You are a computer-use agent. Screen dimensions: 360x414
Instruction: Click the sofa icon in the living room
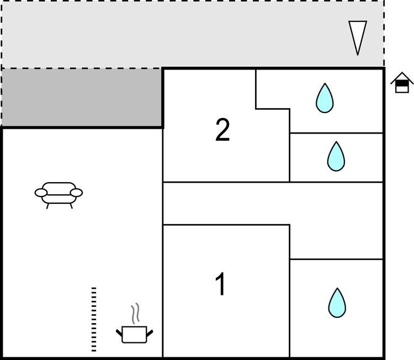pos(59,193)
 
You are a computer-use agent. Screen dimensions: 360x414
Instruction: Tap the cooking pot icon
pos(134,333)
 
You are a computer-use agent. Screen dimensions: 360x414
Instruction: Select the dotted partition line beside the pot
pos(94,319)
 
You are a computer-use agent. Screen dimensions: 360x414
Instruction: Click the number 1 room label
pos(220,285)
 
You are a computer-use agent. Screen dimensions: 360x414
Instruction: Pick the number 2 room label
pos(222,130)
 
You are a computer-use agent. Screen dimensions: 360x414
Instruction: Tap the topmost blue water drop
pos(325,98)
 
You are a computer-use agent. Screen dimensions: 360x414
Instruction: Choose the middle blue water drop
pos(336,156)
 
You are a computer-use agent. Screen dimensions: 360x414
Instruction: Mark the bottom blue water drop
pos(337,303)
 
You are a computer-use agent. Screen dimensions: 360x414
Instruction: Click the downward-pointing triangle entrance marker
pos(358,36)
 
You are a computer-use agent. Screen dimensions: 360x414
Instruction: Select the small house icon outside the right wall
pos(402,83)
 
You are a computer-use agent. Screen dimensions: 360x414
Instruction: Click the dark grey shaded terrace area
pos(82,97)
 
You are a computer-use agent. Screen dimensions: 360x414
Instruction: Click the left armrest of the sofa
pos(41,193)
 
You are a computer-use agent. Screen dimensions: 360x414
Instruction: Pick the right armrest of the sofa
pos(77,193)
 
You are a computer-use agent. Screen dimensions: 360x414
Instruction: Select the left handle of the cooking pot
pos(119,332)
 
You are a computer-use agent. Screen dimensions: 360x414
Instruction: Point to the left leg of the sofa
pos(48,205)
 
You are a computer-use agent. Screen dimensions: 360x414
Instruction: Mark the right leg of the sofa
pos(71,205)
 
